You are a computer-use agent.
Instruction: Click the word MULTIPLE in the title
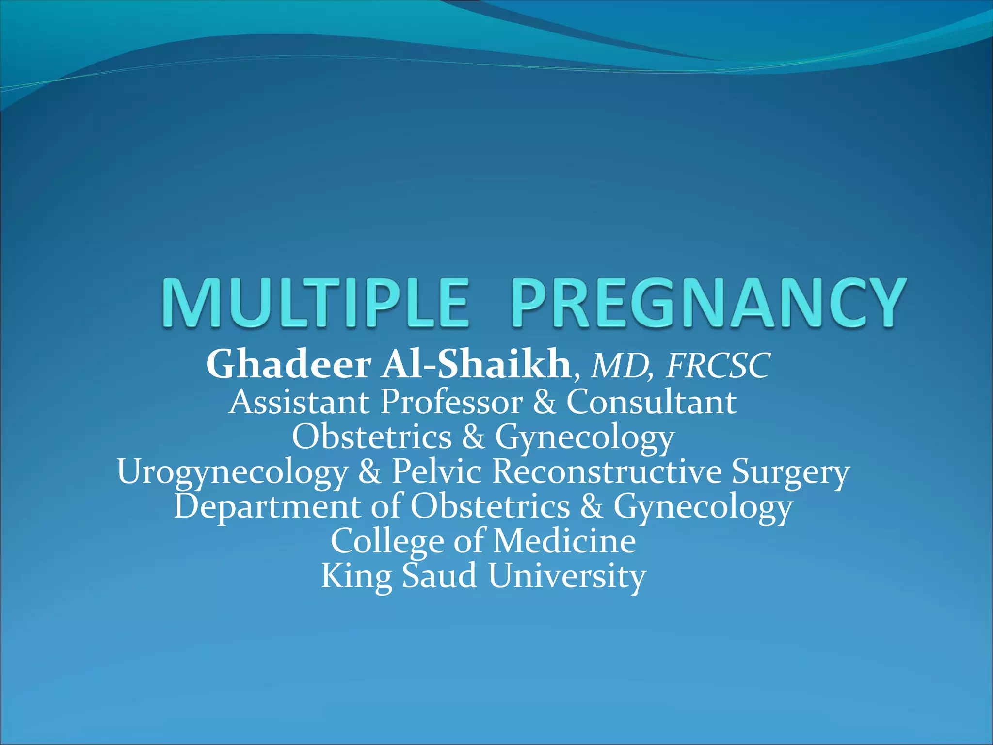315,303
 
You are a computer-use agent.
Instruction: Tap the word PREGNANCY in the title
707,303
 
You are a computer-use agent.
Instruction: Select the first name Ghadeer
289,365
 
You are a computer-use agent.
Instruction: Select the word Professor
451,402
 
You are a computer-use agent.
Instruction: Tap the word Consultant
651,402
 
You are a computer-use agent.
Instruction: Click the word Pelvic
437,471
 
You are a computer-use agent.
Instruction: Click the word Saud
439,576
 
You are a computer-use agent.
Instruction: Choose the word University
567,577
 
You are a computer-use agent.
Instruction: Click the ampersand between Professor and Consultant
544,402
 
